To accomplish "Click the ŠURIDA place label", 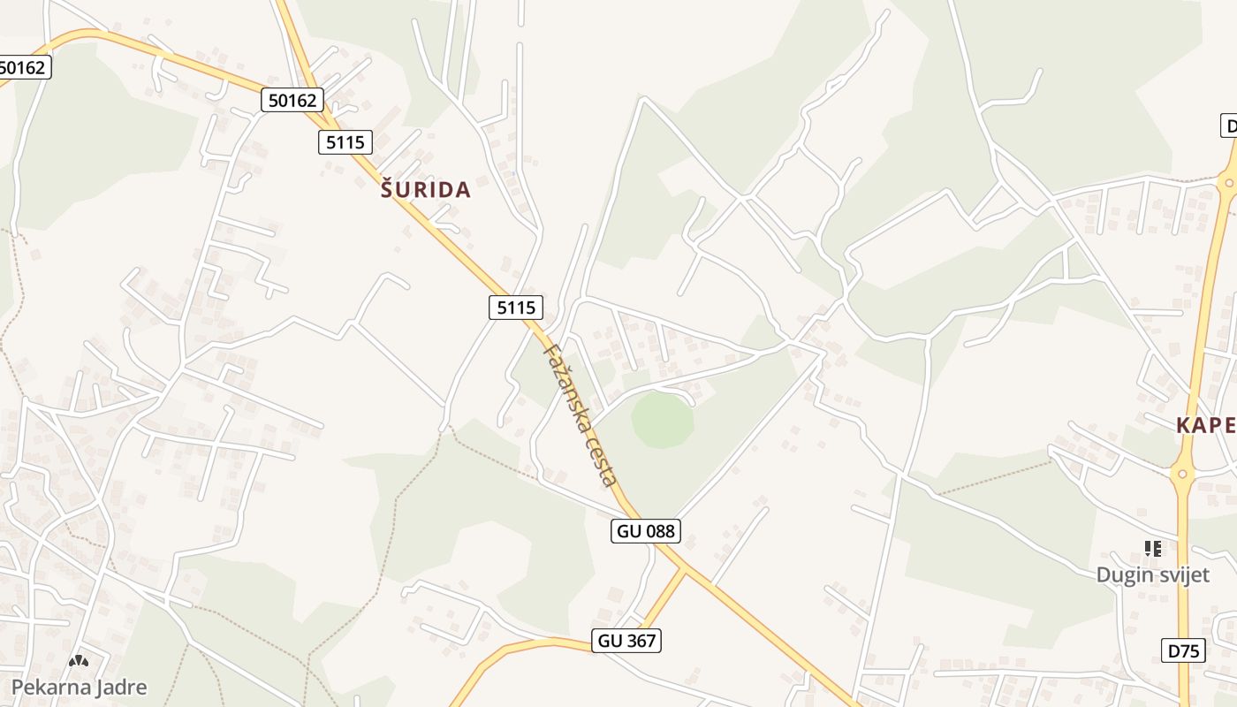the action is coord(425,189).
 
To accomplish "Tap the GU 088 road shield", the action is coord(645,530).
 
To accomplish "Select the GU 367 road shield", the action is coord(627,641).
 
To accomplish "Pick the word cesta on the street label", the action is coord(603,466).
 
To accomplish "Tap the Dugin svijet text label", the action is coord(1152,574).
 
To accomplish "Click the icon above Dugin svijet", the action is coord(1152,549).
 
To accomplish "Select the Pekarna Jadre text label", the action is coord(80,687).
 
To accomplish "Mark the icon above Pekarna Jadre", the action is coord(79,661).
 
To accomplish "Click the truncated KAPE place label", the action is coord(1205,425).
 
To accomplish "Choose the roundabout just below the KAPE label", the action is coord(1182,475).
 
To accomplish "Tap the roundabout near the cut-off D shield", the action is coord(1227,184).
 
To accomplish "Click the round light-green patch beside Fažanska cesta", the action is coord(662,420).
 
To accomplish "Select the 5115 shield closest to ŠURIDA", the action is coord(345,141).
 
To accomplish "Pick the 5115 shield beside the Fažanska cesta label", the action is coord(516,307).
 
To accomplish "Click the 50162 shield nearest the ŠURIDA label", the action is coord(292,100).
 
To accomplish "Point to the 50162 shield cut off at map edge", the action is coord(24,66).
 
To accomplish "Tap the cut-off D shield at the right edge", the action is coord(1228,125).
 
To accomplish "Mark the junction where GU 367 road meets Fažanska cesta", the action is coord(686,568).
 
